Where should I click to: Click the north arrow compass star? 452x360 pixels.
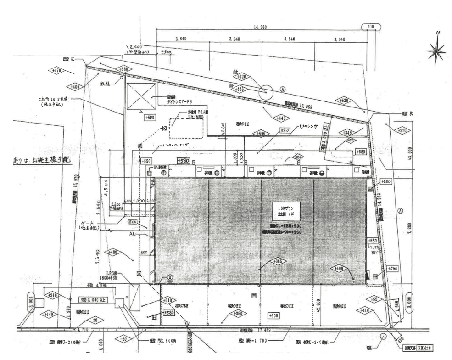coord(436,50)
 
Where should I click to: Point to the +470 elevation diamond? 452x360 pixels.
coord(57,71)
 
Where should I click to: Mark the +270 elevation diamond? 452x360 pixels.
coord(403,130)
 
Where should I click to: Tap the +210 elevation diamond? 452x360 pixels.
coord(52,295)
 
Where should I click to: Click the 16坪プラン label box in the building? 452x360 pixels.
coord(286,208)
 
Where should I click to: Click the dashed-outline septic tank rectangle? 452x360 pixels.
coord(187,128)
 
